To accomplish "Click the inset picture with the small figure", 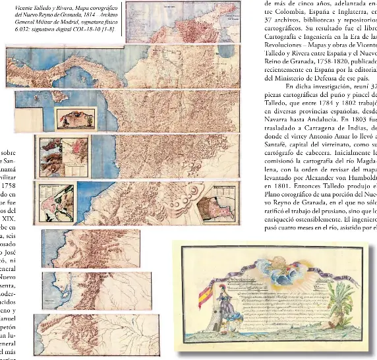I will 76,117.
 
